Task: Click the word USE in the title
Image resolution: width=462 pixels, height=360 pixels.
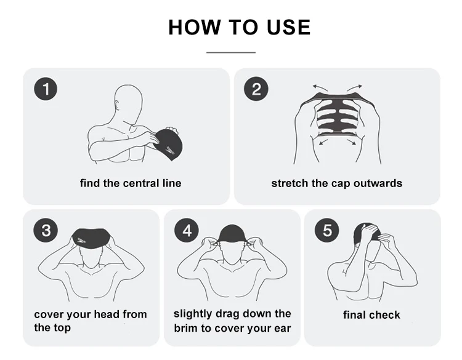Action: (288, 27)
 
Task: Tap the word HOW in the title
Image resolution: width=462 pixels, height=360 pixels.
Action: (195, 27)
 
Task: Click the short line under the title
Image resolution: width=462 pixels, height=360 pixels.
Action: (231, 53)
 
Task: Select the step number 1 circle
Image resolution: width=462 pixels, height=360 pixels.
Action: (46, 89)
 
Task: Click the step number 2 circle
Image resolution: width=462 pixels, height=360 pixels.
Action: (256, 89)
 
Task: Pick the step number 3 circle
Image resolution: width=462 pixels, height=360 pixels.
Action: (46, 230)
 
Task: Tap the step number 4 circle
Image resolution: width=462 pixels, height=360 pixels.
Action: (186, 230)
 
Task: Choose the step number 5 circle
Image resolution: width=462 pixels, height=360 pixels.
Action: (326, 230)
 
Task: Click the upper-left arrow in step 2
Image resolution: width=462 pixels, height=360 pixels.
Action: (320, 88)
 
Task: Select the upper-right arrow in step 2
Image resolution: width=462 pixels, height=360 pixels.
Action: (354, 88)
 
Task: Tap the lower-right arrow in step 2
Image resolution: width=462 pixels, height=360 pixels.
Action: (352, 142)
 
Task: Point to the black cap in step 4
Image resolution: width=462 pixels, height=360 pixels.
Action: (232, 234)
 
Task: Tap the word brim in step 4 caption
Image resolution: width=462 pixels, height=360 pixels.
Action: (185, 328)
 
